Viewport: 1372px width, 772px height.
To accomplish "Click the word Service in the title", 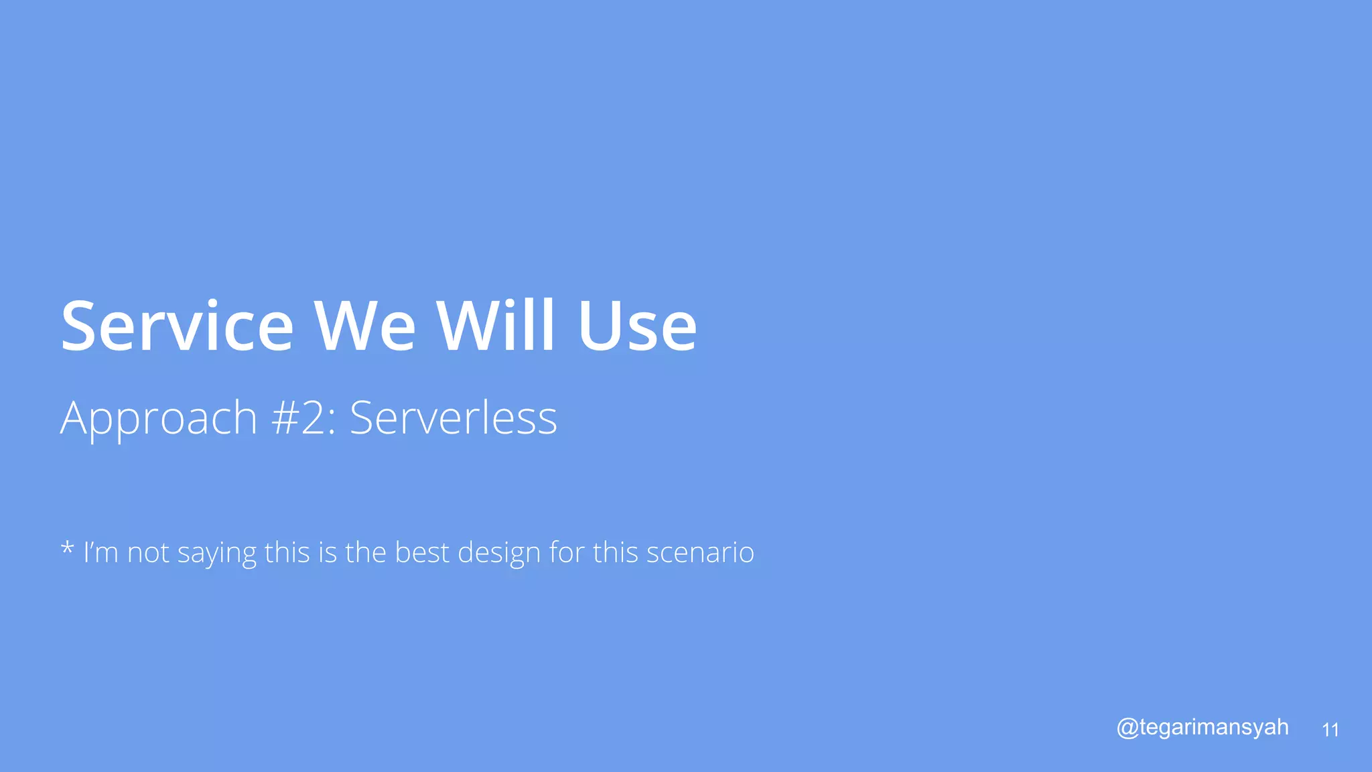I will click(x=177, y=326).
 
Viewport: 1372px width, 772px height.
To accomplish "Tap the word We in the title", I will click(x=365, y=326).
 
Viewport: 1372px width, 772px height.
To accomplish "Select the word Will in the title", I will click(x=496, y=326).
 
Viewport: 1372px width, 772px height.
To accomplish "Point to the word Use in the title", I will click(x=637, y=326).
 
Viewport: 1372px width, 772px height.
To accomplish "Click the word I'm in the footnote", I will click(x=100, y=553).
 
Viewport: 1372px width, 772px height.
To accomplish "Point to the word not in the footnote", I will click(x=148, y=553).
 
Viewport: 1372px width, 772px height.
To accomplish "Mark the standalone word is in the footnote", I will click(x=328, y=553).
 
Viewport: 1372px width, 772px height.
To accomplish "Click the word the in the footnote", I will click(x=366, y=553).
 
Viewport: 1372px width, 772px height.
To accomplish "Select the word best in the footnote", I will click(x=421, y=553).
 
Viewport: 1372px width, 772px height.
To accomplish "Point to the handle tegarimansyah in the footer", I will click(x=1213, y=728).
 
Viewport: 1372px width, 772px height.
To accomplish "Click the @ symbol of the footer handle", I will click(x=1127, y=728).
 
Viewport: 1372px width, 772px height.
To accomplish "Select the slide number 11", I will click(x=1330, y=730).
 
